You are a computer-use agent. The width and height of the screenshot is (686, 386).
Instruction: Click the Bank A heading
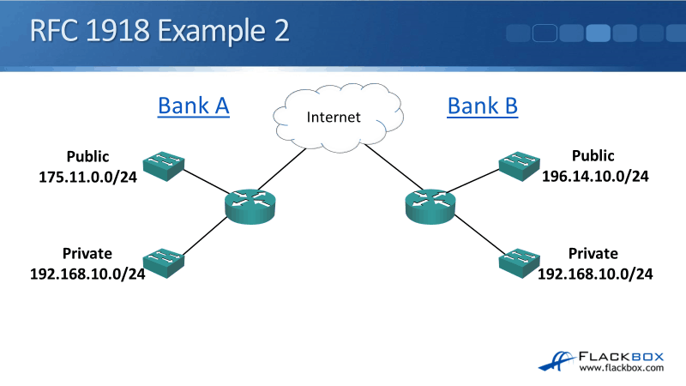click(x=194, y=106)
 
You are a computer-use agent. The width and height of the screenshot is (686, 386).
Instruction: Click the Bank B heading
click(x=483, y=106)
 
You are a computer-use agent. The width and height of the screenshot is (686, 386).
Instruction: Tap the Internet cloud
click(x=334, y=118)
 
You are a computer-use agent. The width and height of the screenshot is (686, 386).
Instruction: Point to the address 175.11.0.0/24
click(x=90, y=177)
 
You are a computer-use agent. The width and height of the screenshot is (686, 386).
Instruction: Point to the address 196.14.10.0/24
click(x=594, y=177)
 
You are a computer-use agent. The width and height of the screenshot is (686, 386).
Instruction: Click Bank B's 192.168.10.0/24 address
click(x=595, y=274)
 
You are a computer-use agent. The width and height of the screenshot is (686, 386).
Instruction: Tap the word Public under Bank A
click(x=89, y=157)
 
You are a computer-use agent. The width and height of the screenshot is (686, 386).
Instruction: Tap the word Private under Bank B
click(x=593, y=254)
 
